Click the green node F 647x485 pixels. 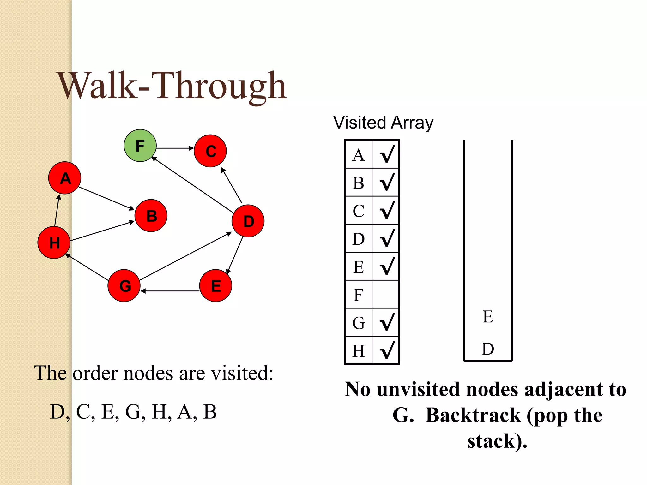pos(140,146)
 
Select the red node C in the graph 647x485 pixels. pos(210,151)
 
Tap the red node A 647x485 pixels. pos(65,178)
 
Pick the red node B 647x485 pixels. pos(151,216)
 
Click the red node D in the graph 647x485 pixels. pos(248,221)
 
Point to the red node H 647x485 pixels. pos(54,242)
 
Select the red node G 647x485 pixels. pos(124,285)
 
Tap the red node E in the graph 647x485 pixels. pos(216,285)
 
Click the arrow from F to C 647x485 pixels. pos(175,148)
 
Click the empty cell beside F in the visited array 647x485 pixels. pos(385,295)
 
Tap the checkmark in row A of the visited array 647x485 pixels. pos(387,154)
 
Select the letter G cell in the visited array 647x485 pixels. pos(359,323)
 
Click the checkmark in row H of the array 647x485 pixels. pos(387,350)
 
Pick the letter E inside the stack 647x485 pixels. pos(488,317)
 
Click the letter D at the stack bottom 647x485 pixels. pos(488,349)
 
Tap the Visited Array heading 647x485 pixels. pos(383,123)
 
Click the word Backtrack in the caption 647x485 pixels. pos(473,415)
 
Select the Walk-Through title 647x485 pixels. pos(172,86)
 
